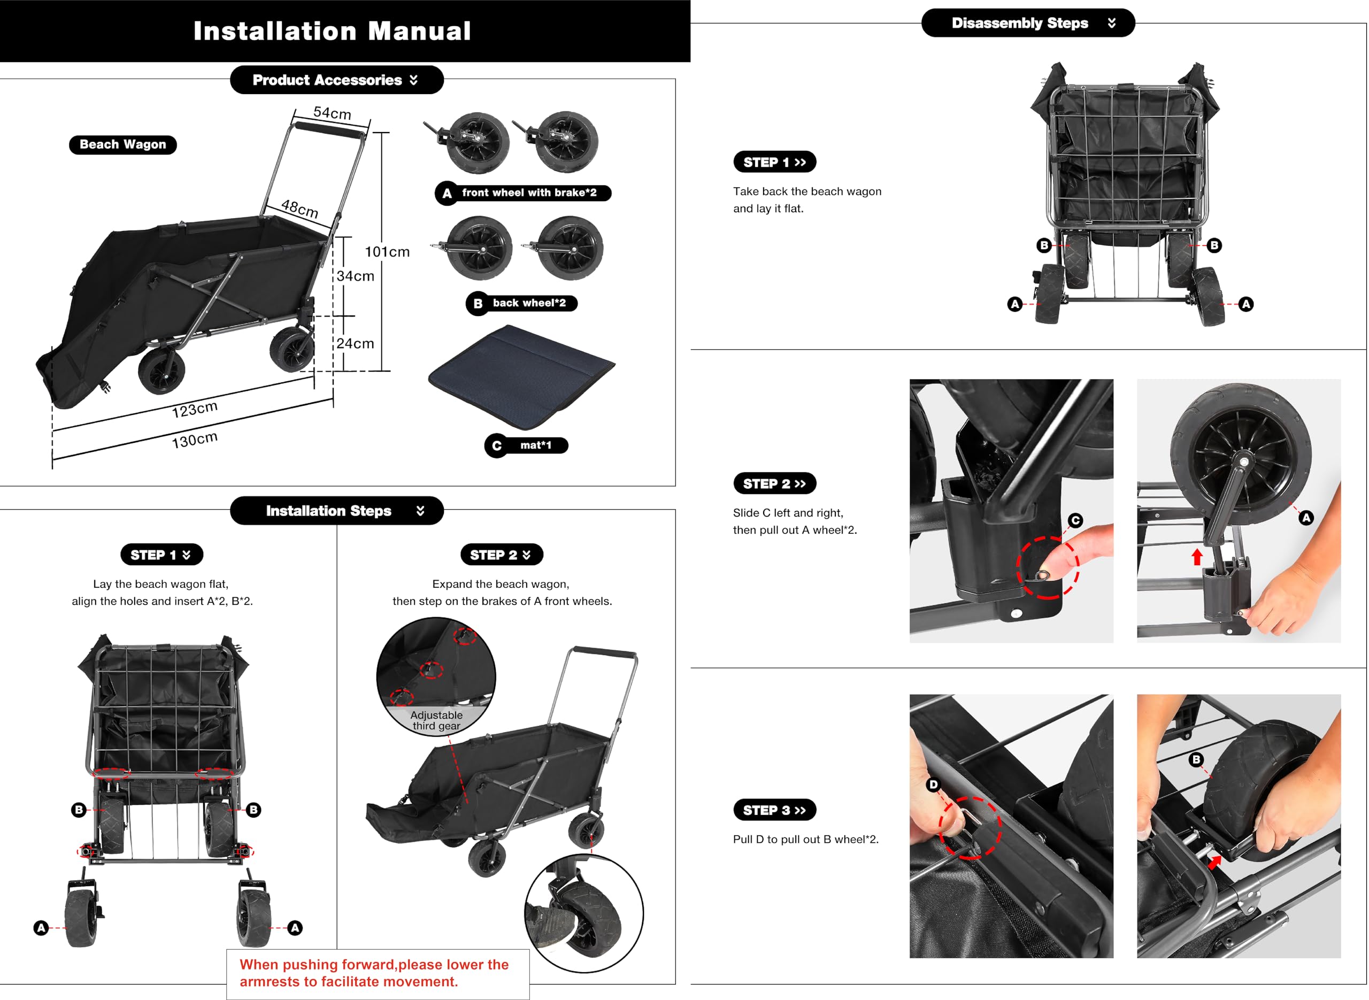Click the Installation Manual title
point(332,31)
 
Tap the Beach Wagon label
point(123,145)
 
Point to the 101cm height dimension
point(387,252)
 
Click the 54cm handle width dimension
point(332,113)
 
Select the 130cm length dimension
point(194,440)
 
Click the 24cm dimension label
point(355,344)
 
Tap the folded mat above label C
point(522,376)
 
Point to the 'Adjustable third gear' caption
point(436,721)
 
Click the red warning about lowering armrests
point(374,973)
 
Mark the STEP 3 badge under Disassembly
point(775,811)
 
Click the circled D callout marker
point(933,785)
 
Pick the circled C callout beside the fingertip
point(1075,520)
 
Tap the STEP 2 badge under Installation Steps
point(502,555)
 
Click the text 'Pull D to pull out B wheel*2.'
point(805,840)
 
